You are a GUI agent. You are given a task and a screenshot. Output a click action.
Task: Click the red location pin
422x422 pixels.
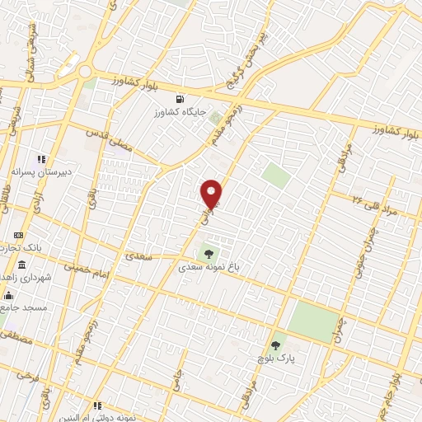212,193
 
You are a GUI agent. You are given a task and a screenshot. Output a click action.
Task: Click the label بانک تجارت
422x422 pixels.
30,248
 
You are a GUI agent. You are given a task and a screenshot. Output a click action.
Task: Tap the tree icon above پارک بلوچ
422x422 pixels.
276,345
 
